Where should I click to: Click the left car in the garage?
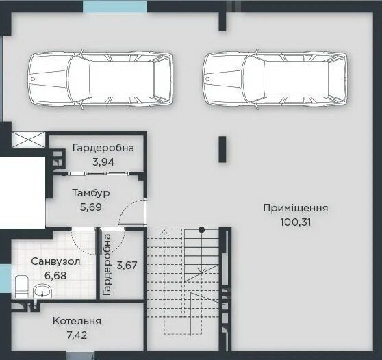[x=101, y=79]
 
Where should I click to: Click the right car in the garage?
[x=275, y=79]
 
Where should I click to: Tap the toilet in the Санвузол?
[x=22, y=287]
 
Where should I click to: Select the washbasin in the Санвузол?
[x=42, y=291]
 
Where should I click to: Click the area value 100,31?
[x=296, y=222]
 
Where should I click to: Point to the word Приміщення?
[x=296, y=208]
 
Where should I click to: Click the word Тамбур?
[x=91, y=193]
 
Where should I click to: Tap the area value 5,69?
[x=91, y=207]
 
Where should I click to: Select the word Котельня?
[x=77, y=321]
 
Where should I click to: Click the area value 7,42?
[x=77, y=335]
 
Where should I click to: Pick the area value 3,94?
[x=103, y=162]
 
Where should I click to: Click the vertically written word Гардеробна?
[x=107, y=265]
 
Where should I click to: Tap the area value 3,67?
[x=127, y=266]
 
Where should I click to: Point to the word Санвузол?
[x=55, y=261]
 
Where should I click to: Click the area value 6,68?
[x=55, y=276]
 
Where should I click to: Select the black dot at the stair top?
[x=201, y=229]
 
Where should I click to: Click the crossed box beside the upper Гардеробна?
[x=29, y=140]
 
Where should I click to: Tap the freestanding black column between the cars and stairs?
[x=222, y=149]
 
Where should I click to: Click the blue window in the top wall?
[x=115, y=6]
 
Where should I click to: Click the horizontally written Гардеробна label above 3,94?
[x=103, y=148]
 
